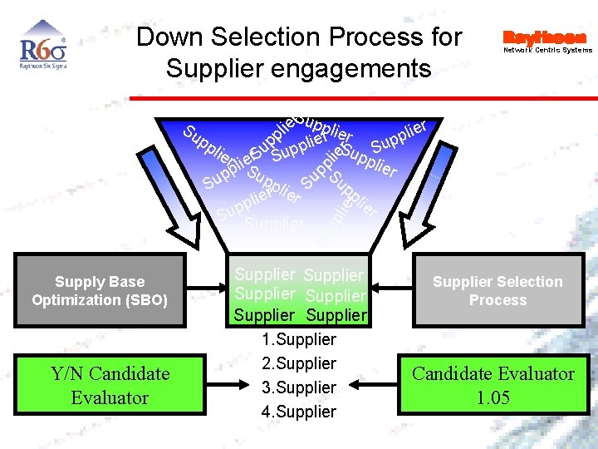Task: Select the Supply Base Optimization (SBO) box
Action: [100, 291]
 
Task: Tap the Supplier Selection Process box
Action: [498, 291]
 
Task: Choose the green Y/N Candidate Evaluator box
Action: [110, 385]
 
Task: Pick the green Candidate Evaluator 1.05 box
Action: [493, 385]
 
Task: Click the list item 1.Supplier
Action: [298, 339]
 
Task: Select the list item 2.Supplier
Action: [298, 363]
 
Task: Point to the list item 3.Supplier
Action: [298, 387]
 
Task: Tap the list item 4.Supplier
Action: [298, 412]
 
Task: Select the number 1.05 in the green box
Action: [493, 397]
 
